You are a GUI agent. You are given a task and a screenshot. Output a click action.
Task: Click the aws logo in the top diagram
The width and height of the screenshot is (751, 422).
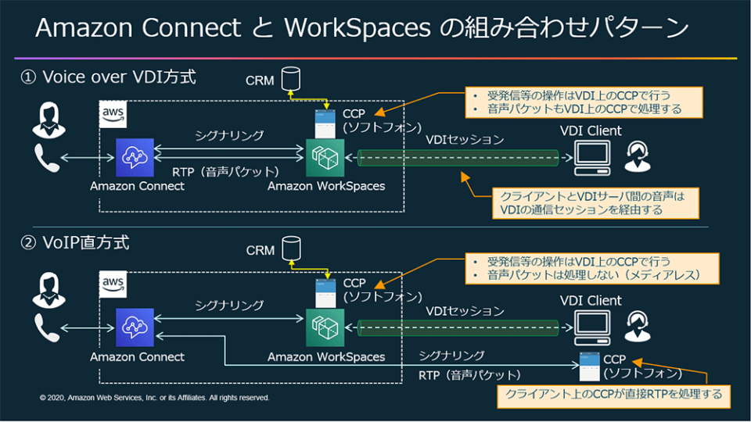(114, 115)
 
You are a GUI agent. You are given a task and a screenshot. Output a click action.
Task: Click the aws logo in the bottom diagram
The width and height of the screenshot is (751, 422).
(114, 284)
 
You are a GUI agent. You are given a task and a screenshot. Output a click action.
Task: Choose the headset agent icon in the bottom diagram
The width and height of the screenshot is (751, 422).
(639, 326)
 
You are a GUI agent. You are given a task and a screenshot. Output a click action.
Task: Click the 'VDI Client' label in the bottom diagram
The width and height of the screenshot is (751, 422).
(591, 301)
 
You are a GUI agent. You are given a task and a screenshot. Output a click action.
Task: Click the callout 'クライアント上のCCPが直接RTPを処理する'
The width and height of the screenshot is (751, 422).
(614, 394)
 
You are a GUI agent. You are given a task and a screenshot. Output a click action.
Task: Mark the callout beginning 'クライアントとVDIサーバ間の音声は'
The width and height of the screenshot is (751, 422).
(591, 203)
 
